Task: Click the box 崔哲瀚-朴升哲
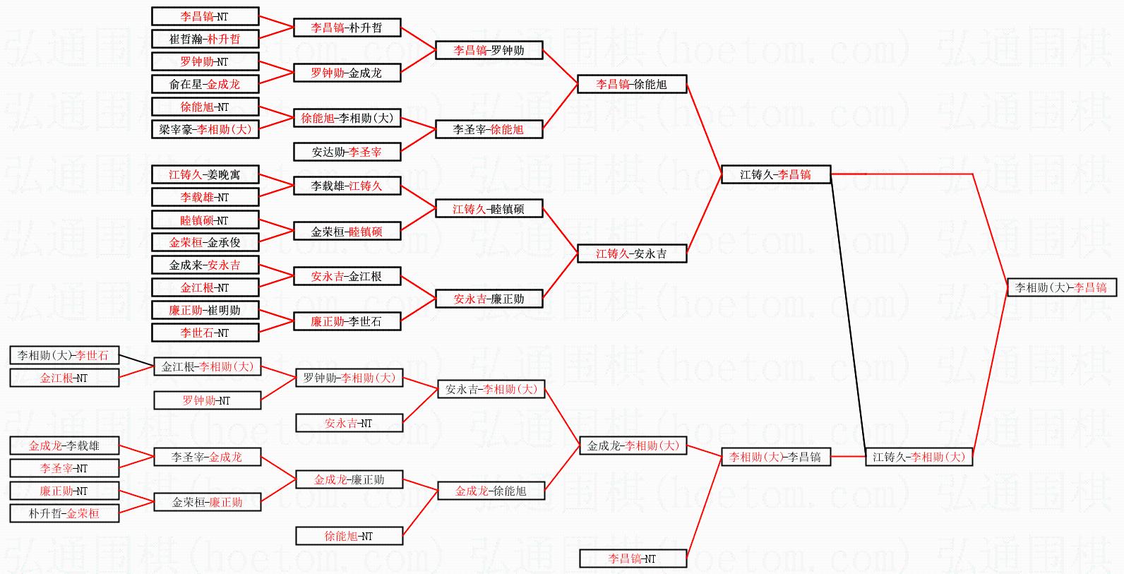point(205,39)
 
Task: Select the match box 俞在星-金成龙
point(205,84)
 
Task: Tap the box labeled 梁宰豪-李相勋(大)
point(205,129)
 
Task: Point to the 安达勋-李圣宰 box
point(347,152)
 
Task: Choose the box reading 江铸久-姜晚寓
point(205,174)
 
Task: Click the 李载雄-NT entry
point(205,197)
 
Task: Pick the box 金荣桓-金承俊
point(205,242)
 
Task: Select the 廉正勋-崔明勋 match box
point(205,310)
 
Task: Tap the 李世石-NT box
point(205,333)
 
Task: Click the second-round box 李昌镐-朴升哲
point(347,28)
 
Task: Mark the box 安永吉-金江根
point(347,276)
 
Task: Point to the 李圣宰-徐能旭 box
point(489,129)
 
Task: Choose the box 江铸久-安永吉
point(631,253)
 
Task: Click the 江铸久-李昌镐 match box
point(775,174)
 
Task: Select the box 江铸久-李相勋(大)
point(919,457)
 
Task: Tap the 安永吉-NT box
point(348,423)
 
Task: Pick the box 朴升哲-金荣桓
point(64,513)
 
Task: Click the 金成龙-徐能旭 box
point(491,491)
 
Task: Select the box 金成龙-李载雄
point(64,446)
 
